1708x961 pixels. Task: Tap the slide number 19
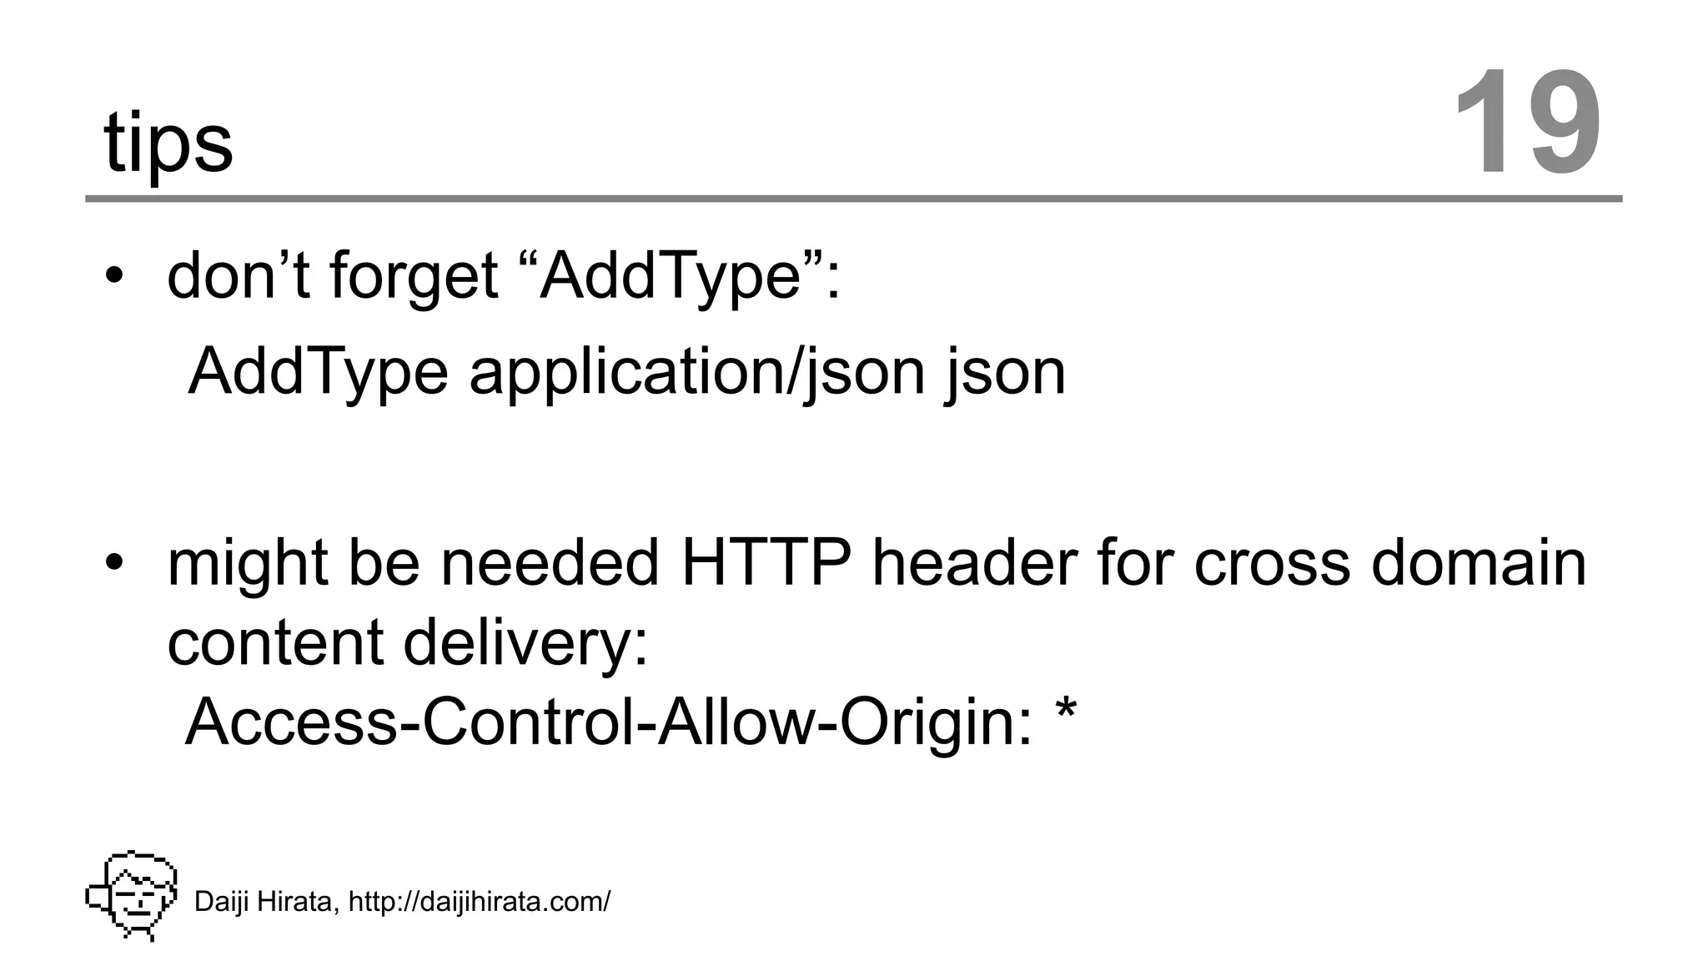coord(1527,123)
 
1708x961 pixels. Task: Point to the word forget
coord(414,277)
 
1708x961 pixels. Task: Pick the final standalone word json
coord(1006,372)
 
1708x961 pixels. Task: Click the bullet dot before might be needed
coord(114,562)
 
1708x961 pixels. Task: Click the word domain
coord(1479,562)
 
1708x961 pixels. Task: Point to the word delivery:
coord(525,642)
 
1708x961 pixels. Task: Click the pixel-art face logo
coord(132,895)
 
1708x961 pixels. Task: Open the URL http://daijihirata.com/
coord(480,902)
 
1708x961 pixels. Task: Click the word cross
coord(1272,564)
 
